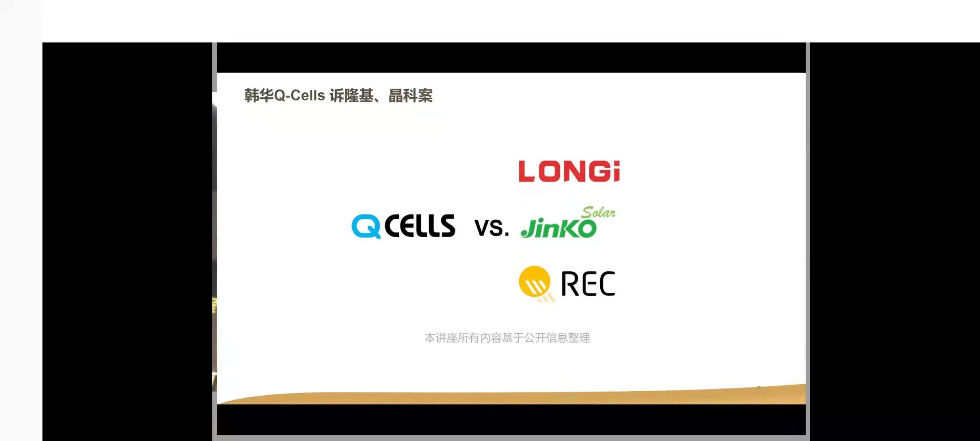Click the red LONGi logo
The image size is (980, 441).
click(x=569, y=171)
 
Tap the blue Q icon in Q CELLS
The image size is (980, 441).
click(x=366, y=226)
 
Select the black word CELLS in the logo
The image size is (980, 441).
click(x=420, y=226)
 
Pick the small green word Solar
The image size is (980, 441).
click(x=599, y=212)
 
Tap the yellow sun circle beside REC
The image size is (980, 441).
click(x=535, y=281)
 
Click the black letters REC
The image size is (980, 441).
click(x=588, y=283)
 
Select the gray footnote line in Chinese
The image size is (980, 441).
click(x=508, y=338)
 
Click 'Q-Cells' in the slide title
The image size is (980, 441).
click(x=299, y=96)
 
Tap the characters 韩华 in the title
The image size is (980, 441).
click(x=259, y=96)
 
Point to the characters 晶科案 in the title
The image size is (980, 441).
click(x=410, y=96)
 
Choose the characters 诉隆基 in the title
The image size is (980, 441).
click(x=352, y=96)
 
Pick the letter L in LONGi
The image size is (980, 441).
click(x=527, y=171)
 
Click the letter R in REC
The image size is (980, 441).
click(x=569, y=283)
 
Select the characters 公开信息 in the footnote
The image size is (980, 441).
click(x=546, y=338)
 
